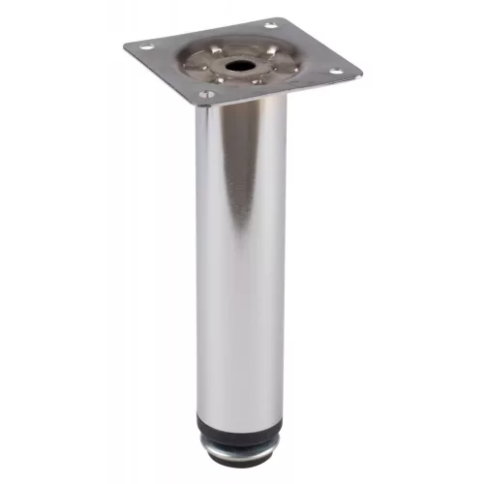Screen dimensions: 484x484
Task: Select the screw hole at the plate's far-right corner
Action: (336, 69)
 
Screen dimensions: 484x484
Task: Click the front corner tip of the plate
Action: (200, 103)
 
